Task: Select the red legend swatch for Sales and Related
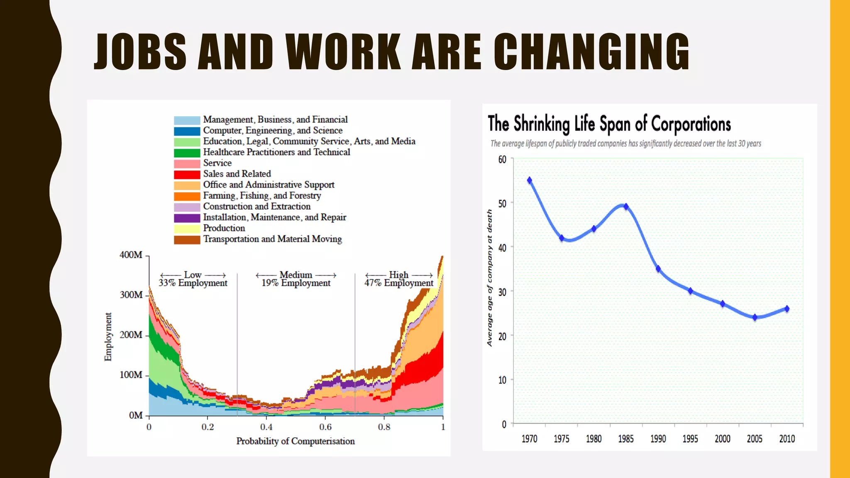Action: click(187, 174)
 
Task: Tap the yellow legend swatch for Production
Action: click(187, 229)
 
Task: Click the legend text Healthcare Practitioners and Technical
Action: click(276, 152)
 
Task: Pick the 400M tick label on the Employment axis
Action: click(131, 255)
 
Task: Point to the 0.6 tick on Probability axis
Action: click(325, 427)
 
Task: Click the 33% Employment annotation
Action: click(193, 283)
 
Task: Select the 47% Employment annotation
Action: click(398, 283)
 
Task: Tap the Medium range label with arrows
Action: click(296, 275)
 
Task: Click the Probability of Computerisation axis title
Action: click(296, 441)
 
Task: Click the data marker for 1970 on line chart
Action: click(530, 180)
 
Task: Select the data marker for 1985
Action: click(626, 206)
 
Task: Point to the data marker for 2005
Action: click(755, 317)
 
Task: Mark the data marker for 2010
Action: click(787, 309)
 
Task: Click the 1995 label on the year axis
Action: click(690, 439)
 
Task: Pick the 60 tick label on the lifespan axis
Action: click(502, 160)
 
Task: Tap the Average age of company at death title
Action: click(490, 278)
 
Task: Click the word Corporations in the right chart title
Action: click(691, 124)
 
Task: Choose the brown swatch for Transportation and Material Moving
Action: click(187, 239)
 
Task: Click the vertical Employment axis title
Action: click(108, 337)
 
